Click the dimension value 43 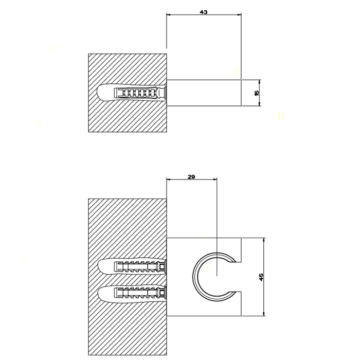[x=204, y=12]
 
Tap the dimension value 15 [x=257, y=93]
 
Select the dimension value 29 [x=191, y=177]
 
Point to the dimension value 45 [x=261, y=277]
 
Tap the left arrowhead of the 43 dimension [x=169, y=15]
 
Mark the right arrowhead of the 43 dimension [x=239, y=15]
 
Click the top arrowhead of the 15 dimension [x=259, y=82]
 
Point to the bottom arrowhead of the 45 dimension [x=264, y=314]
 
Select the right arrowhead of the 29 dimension [x=215, y=179]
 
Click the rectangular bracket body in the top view [x=204, y=93]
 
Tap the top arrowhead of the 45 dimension [x=264, y=240]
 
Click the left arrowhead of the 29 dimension [x=169, y=179]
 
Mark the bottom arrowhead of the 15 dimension [x=259, y=104]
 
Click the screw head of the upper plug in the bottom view [x=163, y=267]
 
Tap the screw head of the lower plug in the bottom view [x=163, y=293]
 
